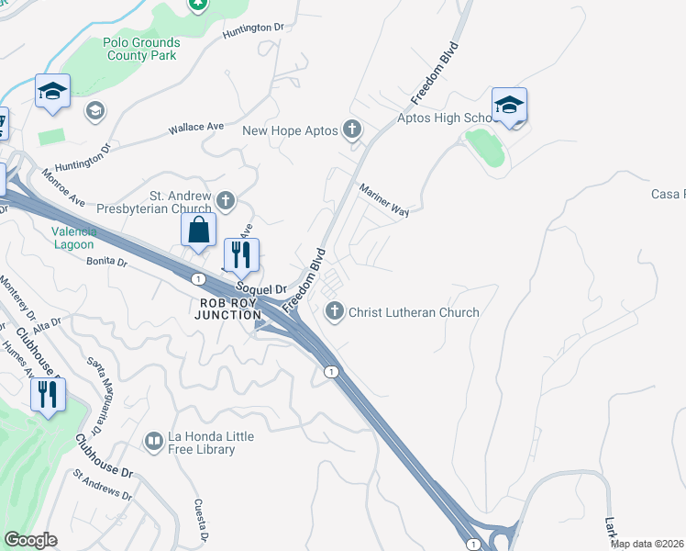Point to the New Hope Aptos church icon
[x=353, y=130]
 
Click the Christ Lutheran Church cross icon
[x=335, y=312]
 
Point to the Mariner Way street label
[x=384, y=198]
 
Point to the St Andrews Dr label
[x=103, y=486]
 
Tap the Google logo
[x=30, y=540]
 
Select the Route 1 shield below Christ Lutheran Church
[x=332, y=370]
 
